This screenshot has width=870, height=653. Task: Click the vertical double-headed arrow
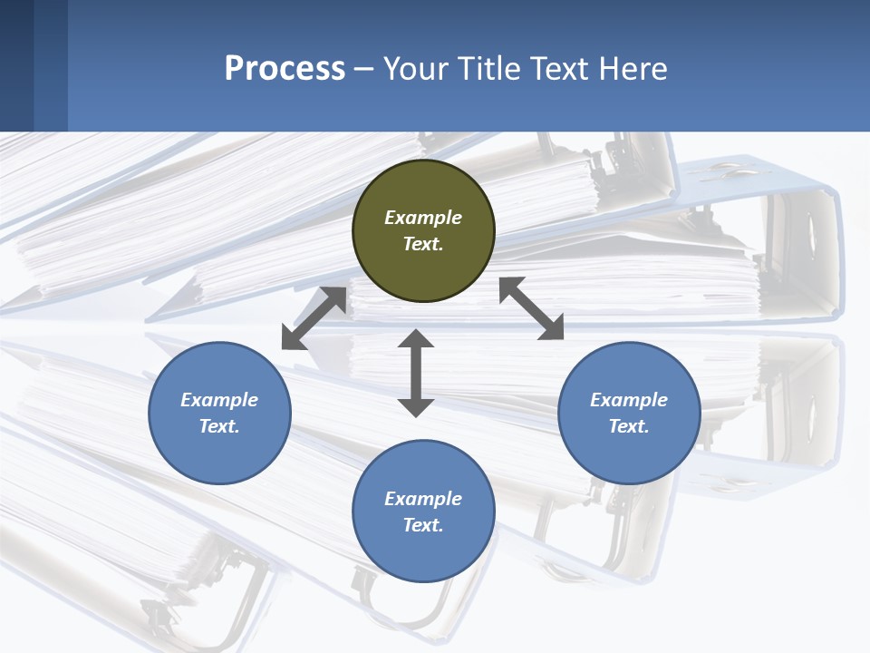click(x=416, y=373)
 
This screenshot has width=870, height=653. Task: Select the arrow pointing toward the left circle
click(x=314, y=318)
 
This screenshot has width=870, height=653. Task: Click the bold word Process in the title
click(x=285, y=69)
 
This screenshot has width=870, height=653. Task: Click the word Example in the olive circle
click(x=423, y=218)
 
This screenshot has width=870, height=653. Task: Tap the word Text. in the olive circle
click(x=423, y=244)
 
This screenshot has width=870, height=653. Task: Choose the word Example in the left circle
click(x=219, y=400)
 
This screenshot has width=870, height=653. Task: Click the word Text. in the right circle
click(x=629, y=426)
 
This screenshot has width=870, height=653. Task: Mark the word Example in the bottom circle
click(x=423, y=499)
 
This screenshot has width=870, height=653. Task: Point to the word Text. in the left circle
click(x=219, y=426)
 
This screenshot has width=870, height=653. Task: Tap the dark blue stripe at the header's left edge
click(x=16, y=65)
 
